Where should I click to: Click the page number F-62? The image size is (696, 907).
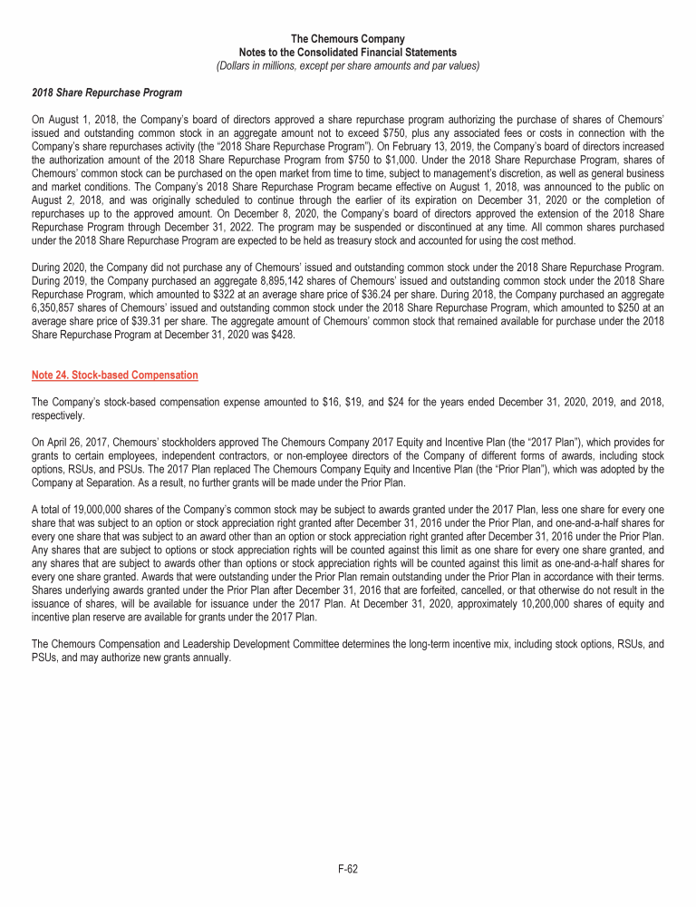tap(348, 869)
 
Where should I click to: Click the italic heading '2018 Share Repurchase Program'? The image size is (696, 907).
tap(107, 93)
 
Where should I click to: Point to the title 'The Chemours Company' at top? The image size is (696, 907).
tap(348, 39)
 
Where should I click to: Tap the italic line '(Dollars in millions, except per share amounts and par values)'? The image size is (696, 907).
tap(348, 65)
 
